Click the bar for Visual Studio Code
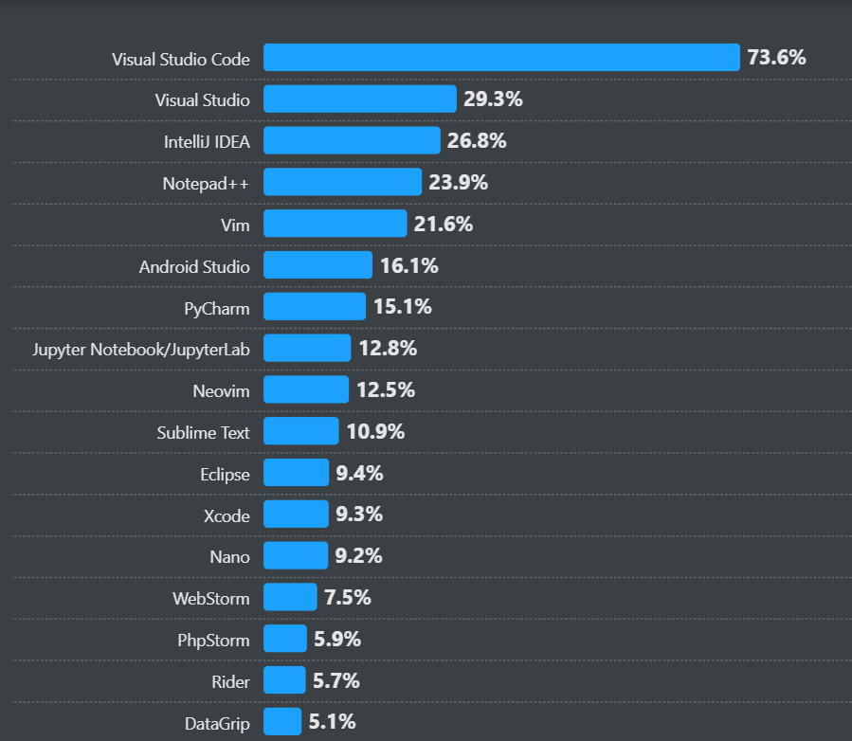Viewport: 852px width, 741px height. click(501, 58)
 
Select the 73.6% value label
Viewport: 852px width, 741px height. click(776, 58)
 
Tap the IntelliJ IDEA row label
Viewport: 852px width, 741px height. click(207, 141)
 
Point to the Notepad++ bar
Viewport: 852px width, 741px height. click(342, 183)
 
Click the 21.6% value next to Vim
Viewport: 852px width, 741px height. click(443, 225)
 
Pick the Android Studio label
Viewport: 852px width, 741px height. click(194, 266)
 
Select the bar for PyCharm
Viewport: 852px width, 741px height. click(315, 307)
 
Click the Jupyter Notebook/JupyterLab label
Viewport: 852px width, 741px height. click(141, 349)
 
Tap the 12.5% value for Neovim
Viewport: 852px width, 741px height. click(386, 390)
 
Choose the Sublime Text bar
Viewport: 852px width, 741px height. click(300, 432)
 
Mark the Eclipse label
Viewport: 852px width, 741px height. click(225, 474)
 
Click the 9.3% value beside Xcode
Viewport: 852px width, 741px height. click(359, 515)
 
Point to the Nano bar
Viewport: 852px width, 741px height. click(296, 556)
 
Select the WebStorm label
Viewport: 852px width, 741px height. click(211, 598)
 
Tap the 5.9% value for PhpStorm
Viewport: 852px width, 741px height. click(337, 640)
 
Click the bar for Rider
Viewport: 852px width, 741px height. click(284, 680)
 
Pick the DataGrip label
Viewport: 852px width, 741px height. click(217, 723)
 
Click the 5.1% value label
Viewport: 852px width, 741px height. click(333, 722)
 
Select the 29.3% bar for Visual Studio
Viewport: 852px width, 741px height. click(360, 99)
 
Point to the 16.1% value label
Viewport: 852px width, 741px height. click(409, 266)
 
